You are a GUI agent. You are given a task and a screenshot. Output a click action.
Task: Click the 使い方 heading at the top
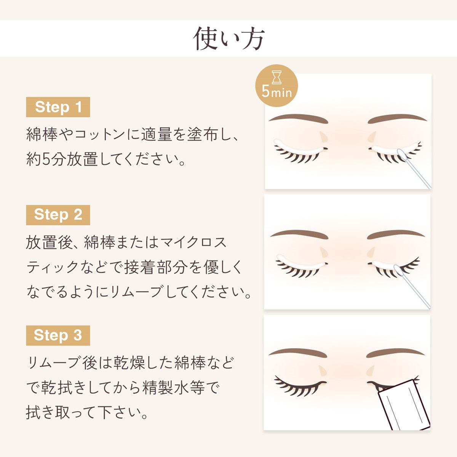click(228, 39)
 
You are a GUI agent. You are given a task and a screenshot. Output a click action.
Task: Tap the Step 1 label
click(58, 107)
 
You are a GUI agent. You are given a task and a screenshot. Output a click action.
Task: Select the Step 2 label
click(58, 215)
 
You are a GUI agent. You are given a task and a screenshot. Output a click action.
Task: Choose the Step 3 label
click(58, 336)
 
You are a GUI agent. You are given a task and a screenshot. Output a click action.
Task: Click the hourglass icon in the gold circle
click(276, 77)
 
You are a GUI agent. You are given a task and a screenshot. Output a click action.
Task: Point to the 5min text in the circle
click(276, 92)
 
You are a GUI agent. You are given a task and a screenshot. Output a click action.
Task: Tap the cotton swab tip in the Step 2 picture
click(398, 271)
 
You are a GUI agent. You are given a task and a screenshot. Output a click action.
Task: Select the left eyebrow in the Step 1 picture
click(299, 118)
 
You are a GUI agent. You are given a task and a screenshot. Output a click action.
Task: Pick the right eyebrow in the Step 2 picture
click(396, 235)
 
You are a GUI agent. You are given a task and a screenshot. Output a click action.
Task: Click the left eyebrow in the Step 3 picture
click(298, 353)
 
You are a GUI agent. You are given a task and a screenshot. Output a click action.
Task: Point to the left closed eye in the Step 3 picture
click(300, 388)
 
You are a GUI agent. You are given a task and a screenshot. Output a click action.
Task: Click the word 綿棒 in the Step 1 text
click(42, 134)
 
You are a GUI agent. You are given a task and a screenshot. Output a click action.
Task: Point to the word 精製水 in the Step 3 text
click(166, 388)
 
